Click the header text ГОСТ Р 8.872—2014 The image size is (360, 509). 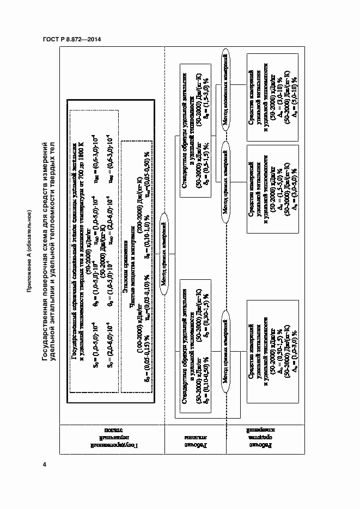pos(72,39)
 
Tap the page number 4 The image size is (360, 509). pos(45,464)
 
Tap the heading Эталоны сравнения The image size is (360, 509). pos(125,255)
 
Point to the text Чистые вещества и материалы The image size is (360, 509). pos(132,255)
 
